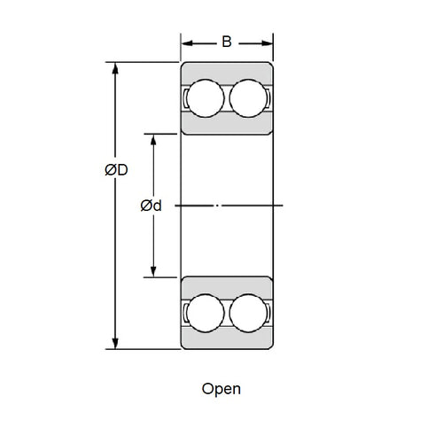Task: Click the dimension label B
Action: (x=226, y=41)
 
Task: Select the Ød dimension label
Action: (x=151, y=206)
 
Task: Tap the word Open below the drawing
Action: (x=221, y=388)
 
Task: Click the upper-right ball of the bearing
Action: (x=248, y=97)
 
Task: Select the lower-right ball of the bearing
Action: (x=248, y=313)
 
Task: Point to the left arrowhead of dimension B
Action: (x=186, y=42)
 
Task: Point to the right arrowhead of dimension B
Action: (x=267, y=42)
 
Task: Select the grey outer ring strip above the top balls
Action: (x=226, y=70)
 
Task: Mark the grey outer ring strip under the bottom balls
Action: (x=226, y=341)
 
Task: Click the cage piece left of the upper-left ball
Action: (x=185, y=97)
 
